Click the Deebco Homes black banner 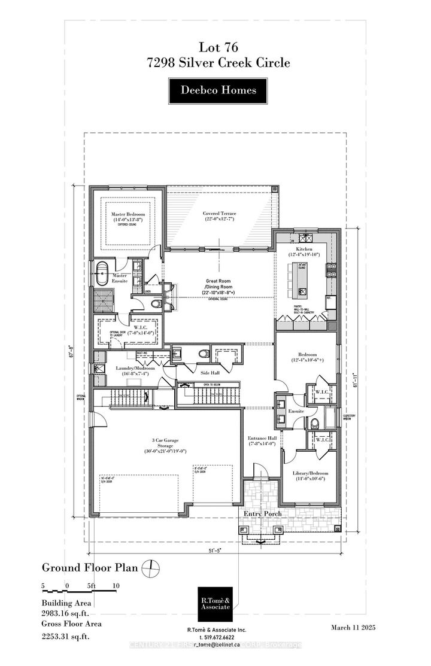click(x=219, y=90)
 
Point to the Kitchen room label click(x=301, y=251)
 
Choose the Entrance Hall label click(x=260, y=441)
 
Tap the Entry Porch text click(x=262, y=514)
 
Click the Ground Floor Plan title click(x=90, y=567)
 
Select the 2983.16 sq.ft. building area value click(x=70, y=613)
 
